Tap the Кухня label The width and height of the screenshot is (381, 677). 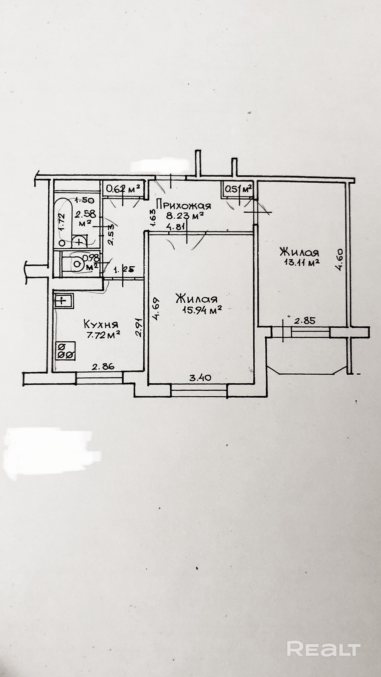101,324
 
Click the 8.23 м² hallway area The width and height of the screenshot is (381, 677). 185,216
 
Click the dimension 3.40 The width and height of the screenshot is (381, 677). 200,378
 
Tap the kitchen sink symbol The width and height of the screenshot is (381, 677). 64,300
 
